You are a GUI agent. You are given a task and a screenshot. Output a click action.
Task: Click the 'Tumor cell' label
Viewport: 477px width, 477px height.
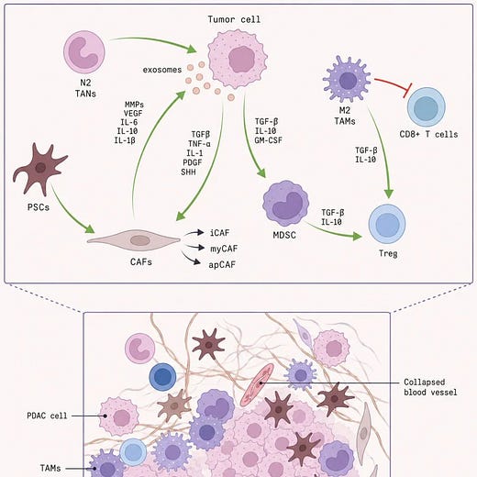(x=234, y=19)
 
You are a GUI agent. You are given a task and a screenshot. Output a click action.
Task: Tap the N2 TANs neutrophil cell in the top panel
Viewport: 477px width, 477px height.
(x=84, y=52)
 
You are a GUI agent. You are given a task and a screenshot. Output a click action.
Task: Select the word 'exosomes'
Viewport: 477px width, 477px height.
(x=162, y=70)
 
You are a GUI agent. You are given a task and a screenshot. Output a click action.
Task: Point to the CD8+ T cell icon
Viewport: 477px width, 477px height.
(x=427, y=107)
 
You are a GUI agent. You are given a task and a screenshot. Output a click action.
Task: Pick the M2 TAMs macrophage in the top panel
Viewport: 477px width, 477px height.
(x=347, y=79)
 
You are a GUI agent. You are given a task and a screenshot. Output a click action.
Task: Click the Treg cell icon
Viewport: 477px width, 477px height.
(x=387, y=224)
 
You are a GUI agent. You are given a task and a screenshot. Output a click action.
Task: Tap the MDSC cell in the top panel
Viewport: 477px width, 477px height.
(x=286, y=204)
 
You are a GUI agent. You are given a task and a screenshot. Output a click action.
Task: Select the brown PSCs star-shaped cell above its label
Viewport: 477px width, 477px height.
(x=39, y=169)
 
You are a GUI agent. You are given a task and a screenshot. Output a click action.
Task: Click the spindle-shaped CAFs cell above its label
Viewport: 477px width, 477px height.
(x=134, y=240)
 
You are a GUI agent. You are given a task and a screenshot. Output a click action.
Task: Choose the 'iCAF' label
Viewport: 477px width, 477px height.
(x=219, y=233)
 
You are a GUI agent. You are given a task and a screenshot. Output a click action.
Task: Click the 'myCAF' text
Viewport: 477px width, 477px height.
(x=224, y=249)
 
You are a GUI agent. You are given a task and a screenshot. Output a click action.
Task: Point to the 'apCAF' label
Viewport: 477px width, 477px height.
(x=222, y=264)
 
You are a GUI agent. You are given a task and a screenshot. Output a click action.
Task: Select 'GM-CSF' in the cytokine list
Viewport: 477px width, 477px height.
(x=268, y=140)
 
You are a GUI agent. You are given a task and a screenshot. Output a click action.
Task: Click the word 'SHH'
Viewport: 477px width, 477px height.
(x=188, y=172)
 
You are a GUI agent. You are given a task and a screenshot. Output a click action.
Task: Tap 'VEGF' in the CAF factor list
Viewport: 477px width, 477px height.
(x=133, y=114)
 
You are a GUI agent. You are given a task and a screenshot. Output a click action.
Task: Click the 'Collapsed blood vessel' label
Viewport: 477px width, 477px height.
(x=430, y=387)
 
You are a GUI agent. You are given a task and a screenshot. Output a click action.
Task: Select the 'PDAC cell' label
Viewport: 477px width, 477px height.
(x=47, y=416)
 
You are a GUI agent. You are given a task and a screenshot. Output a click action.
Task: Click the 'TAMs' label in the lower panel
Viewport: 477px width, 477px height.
(x=50, y=468)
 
